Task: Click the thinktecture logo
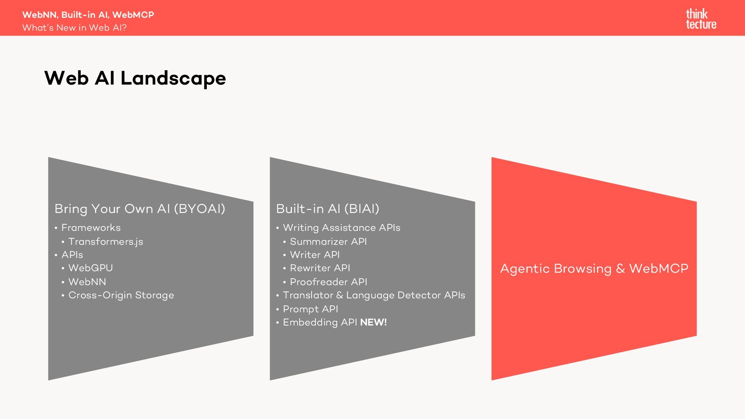pos(701,19)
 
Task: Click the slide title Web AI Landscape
pos(135,78)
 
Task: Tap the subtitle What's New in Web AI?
pos(74,28)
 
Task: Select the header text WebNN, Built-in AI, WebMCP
pos(88,15)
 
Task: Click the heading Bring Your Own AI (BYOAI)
pos(140,209)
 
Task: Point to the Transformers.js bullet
pos(106,241)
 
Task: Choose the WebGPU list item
pos(90,268)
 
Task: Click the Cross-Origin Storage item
pos(121,295)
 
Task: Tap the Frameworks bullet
pos(91,228)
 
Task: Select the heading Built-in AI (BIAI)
pos(327,209)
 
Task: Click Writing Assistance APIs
pos(341,228)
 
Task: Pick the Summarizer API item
pos(328,241)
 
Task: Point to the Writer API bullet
pos(315,255)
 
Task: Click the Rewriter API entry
pos(320,268)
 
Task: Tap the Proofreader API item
pos(329,282)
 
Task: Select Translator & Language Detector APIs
pos(374,295)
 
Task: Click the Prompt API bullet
pos(310,309)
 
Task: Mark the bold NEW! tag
pos(373,322)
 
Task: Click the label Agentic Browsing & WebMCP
pos(594,268)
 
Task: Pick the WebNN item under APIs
pos(87,282)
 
